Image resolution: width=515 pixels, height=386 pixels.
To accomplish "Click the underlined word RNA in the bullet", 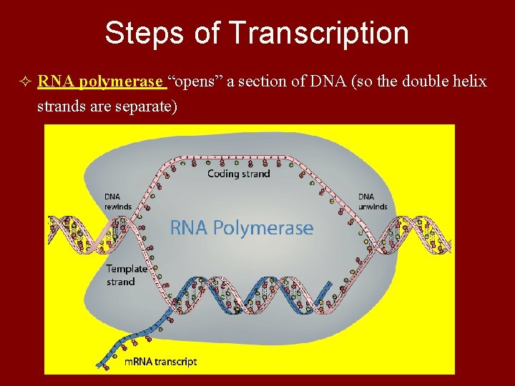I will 57,81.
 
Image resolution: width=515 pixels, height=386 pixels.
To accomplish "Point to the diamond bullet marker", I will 26,82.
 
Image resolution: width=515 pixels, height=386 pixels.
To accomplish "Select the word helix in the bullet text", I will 469,81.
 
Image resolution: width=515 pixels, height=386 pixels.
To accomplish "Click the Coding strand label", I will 238,174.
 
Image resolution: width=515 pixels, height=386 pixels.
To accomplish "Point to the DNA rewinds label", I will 118,202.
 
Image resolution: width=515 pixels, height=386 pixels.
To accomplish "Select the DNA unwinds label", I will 373,202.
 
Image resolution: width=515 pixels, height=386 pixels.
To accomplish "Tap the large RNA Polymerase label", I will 241,228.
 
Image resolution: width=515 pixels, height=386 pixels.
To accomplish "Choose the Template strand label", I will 127,275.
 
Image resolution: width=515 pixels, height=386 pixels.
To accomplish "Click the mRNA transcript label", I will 160,362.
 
